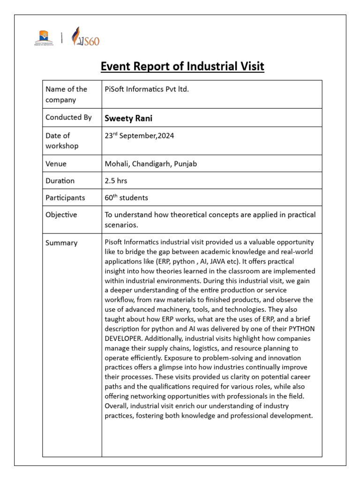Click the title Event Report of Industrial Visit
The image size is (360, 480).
click(182, 67)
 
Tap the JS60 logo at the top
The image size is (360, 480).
click(85, 37)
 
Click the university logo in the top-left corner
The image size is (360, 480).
click(44, 37)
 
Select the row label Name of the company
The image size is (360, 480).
click(66, 94)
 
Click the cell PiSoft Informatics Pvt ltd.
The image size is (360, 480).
click(147, 89)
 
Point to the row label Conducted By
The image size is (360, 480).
click(68, 117)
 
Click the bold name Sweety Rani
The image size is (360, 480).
click(128, 118)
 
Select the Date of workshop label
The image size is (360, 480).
click(61, 141)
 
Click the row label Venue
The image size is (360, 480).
click(56, 164)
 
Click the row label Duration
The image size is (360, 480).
click(60, 180)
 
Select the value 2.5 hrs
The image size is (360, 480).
click(116, 180)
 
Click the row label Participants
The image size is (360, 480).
click(65, 197)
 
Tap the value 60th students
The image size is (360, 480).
click(126, 197)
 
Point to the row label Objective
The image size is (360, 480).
click(61, 214)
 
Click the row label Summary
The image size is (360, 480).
click(61, 243)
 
